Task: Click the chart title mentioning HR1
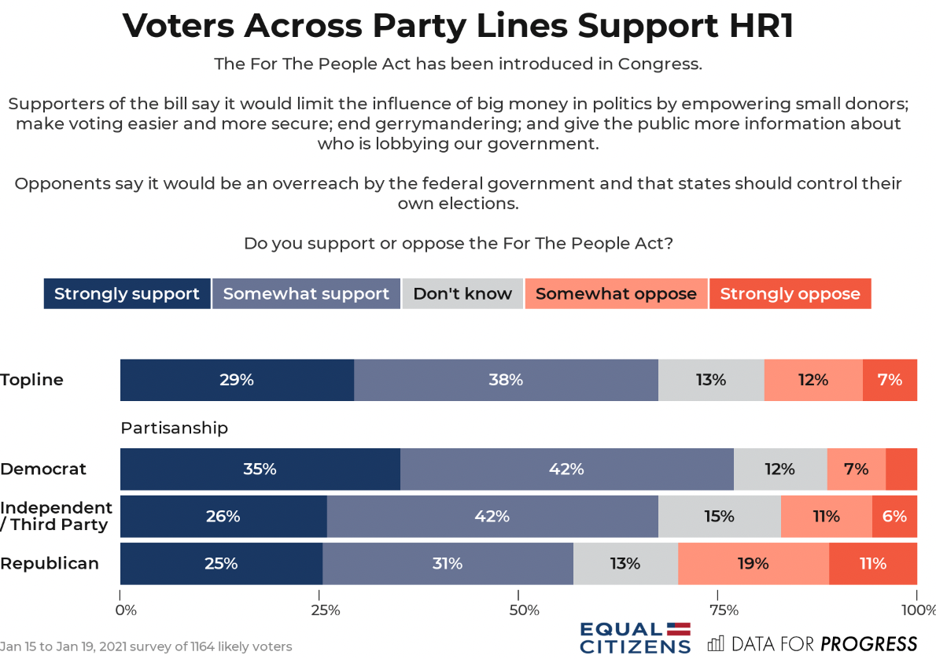[x=458, y=26]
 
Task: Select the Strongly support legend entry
[x=127, y=294]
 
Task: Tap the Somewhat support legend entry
[x=306, y=294]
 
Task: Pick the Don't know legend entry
[x=462, y=294]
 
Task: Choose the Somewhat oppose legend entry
[x=616, y=294]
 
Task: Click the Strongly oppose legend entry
[x=790, y=294]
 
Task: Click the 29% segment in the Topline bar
[x=237, y=380]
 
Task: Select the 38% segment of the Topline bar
[x=506, y=380]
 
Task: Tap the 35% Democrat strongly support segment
[x=260, y=469]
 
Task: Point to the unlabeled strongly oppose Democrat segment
[x=901, y=469]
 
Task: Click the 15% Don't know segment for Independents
[x=719, y=517]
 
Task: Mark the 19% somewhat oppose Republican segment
[x=753, y=564]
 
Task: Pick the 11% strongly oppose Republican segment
[x=873, y=564]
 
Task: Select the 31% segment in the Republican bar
[x=448, y=564]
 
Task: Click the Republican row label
[x=50, y=563]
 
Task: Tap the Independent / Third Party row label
[x=56, y=516]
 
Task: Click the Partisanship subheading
[x=174, y=428]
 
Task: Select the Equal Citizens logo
[x=635, y=638]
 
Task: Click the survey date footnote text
[x=146, y=647]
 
